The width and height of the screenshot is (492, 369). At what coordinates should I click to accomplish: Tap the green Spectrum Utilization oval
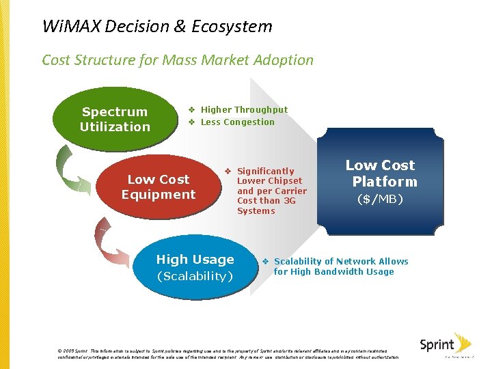[x=115, y=119]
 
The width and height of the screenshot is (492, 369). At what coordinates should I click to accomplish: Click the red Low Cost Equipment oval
[x=159, y=187]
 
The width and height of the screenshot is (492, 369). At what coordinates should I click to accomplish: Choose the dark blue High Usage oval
[x=195, y=267]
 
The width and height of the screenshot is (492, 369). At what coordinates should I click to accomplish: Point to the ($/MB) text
[x=381, y=200]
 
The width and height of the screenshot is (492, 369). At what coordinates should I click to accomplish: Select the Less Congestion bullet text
[x=237, y=122]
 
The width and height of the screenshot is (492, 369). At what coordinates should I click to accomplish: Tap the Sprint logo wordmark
[x=437, y=345]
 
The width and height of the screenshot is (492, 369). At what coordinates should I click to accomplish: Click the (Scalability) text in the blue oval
[x=195, y=276]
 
